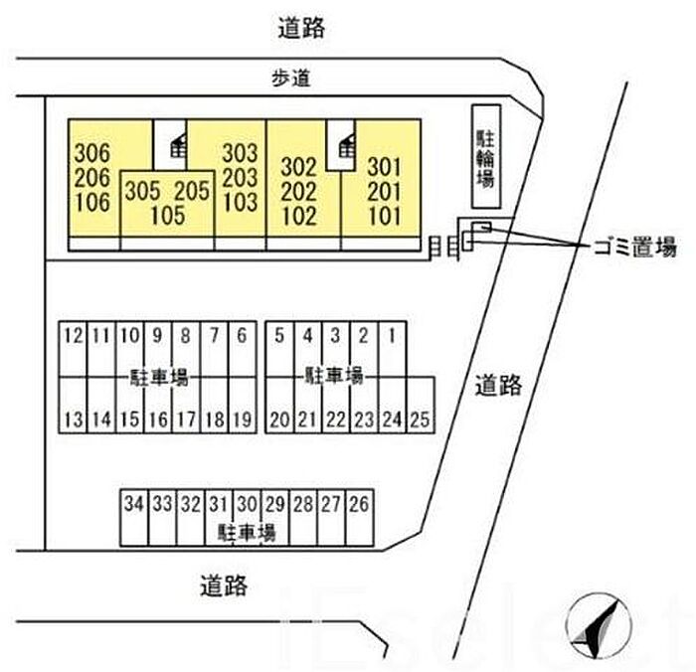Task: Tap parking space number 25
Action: pyautogui.click(x=421, y=405)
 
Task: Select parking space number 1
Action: pyautogui.click(x=393, y=349)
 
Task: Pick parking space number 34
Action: pyautogui.click(x=134, y=518)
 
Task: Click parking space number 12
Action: pyautogui.click(x=74, y=349)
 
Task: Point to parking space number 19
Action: pyautogui.click(x=243, y=405)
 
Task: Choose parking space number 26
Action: pyautogui.click(x=359, y=518)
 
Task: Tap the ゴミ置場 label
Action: pyautogui.click(x=634, y=247)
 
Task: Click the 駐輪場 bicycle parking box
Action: pyautogui.click(x=486, y=156)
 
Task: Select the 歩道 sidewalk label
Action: pyautogui.click(x=290, y=79)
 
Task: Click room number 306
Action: pyautogui.click(x=92, y=153)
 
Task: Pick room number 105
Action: pyautogui.click(x=168, y=216)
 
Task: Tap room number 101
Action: pyautogui.click(x=385, y=216)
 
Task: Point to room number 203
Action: pyautogui.click(x=240, y=178)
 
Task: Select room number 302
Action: pyautogui.click(x=298, y=167)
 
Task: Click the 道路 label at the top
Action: pyautogui.click(x=301, y=28)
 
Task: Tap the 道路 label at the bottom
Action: pyautogui.click(x=224, y=586)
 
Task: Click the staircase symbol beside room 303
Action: pyautogui.click(x=178, y=145)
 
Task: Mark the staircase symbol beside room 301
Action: pyautogui.click(x=347, y=145)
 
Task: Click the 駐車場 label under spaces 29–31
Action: pyautogui.click(x=247, y=532)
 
